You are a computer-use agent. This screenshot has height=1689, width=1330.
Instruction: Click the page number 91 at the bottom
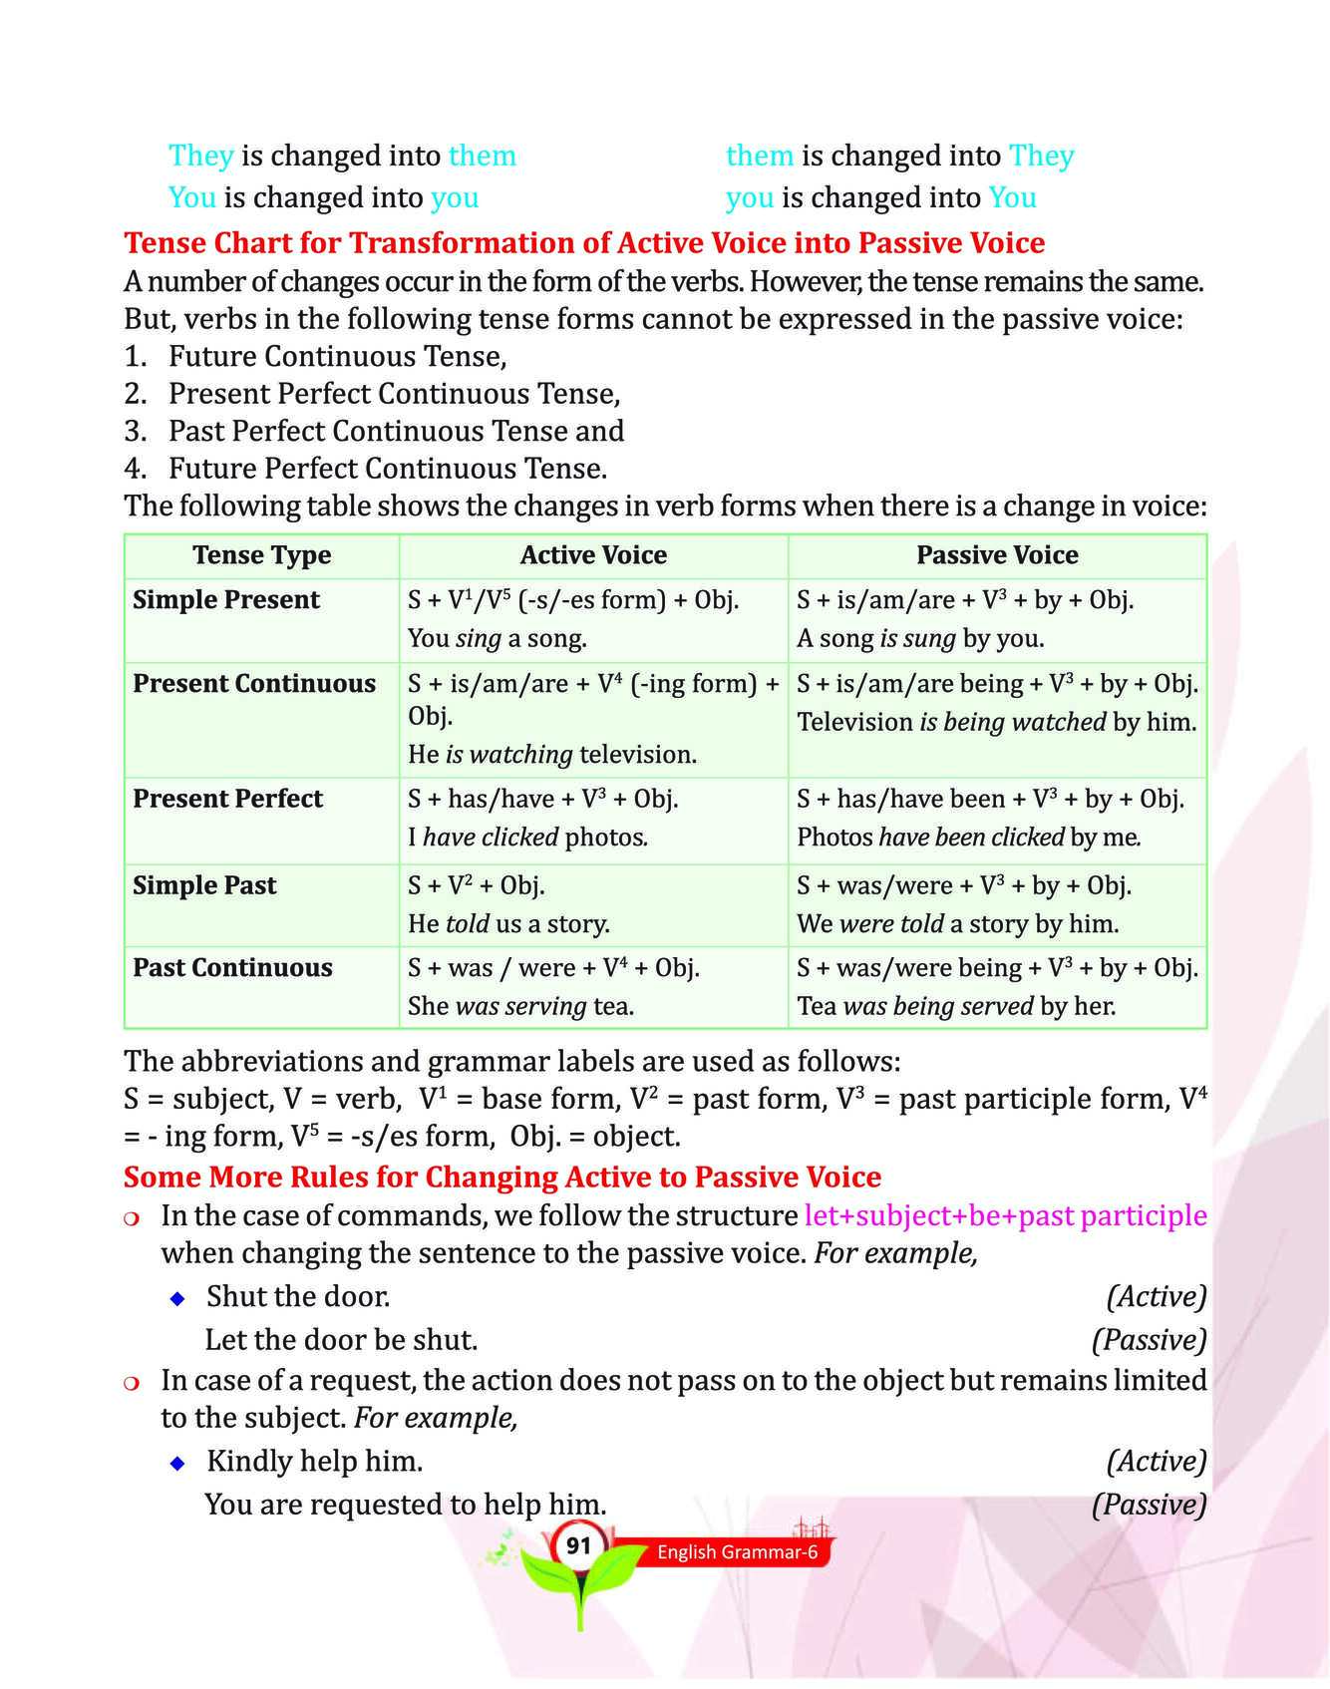578,1546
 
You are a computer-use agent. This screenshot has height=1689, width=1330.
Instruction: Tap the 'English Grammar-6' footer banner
737,1551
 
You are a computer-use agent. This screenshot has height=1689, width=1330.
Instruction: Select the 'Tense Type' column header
261,555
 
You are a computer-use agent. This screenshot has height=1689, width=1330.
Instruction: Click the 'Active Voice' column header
593,555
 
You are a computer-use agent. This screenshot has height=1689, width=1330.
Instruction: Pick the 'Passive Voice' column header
997,555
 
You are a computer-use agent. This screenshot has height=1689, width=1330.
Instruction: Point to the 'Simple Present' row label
226,600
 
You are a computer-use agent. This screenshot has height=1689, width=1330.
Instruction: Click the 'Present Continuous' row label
254,684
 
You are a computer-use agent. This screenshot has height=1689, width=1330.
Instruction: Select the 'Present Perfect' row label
227,800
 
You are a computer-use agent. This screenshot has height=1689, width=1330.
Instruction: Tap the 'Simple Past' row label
204,886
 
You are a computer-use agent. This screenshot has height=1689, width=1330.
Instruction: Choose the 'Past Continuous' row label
232,968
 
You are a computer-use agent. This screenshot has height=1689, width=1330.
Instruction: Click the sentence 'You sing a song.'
497,639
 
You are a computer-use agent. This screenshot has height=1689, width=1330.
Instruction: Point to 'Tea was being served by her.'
956,1007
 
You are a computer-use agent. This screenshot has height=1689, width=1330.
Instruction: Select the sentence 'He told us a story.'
508,924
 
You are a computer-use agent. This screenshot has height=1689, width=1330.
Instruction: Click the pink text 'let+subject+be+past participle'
1005,1216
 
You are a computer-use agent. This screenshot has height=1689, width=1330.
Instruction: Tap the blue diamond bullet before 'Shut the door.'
177,1298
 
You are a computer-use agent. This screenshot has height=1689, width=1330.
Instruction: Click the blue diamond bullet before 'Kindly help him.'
177,1463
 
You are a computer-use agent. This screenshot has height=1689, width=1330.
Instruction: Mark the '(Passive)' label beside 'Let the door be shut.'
1149,1340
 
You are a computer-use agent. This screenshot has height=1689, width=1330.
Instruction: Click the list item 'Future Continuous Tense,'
337,357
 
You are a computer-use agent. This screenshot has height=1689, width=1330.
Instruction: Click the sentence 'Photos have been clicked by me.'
969,838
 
